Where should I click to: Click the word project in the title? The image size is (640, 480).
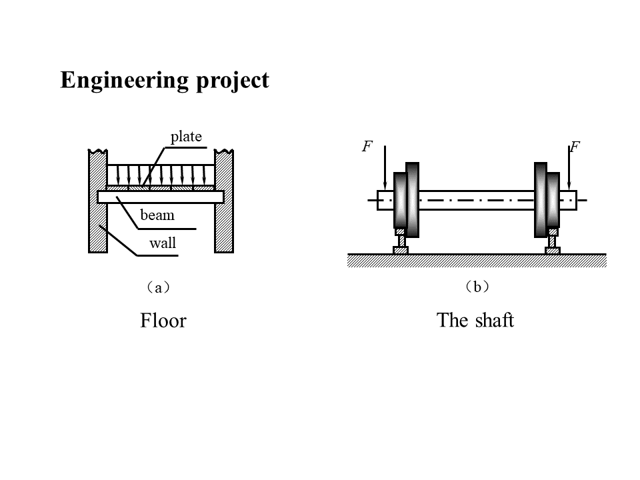click(x=233, y=81)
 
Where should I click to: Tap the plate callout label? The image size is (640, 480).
click(x=186, y=137)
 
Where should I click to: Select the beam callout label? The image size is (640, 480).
click(x=157, y=215)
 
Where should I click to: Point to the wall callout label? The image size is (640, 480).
click(x=163, y=243)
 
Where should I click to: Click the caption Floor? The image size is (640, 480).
click(x=163, y=321)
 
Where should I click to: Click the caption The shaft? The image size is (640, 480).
click(x=475, y=321)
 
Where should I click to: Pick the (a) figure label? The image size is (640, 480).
click(x=158, y=288)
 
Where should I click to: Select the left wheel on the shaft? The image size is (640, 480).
click(x=406, y=200)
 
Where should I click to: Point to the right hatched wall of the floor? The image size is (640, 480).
click(x=223, y=200)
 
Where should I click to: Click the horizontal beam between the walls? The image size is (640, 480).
click(x=160, y=197)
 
